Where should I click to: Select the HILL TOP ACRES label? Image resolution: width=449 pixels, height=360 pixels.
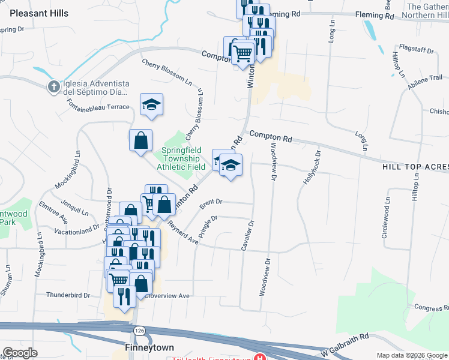[x=415, y=166]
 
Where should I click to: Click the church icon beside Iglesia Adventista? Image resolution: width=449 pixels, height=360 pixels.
[x=53, y=87]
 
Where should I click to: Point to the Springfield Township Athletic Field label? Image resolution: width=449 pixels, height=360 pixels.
[x=184, y=158]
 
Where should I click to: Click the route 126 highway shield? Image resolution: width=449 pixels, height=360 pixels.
[x=140, y=331]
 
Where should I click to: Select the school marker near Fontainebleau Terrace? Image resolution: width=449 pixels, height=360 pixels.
[x=152, y=104]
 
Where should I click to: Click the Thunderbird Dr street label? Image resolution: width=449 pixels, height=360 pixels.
[x=67, y=295]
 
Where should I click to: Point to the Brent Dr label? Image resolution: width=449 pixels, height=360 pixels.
[x=211, y=203]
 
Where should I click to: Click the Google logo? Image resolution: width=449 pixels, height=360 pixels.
[x=20, y=353]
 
